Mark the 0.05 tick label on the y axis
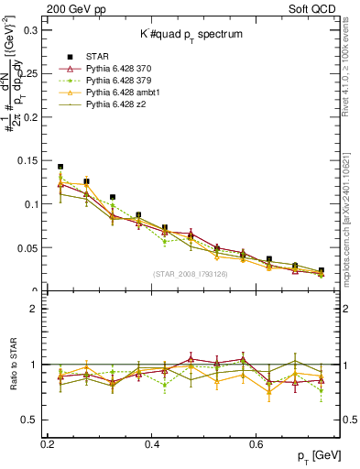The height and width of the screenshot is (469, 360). (x=30, y=248)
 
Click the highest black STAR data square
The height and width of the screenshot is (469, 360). (x=60, y=167)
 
